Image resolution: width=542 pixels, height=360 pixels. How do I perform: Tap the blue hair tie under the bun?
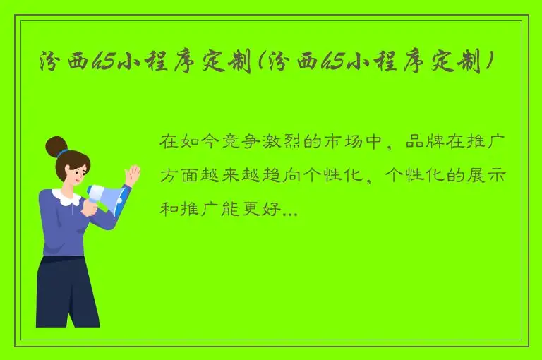64,152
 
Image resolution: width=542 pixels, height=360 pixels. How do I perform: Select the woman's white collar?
68,198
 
